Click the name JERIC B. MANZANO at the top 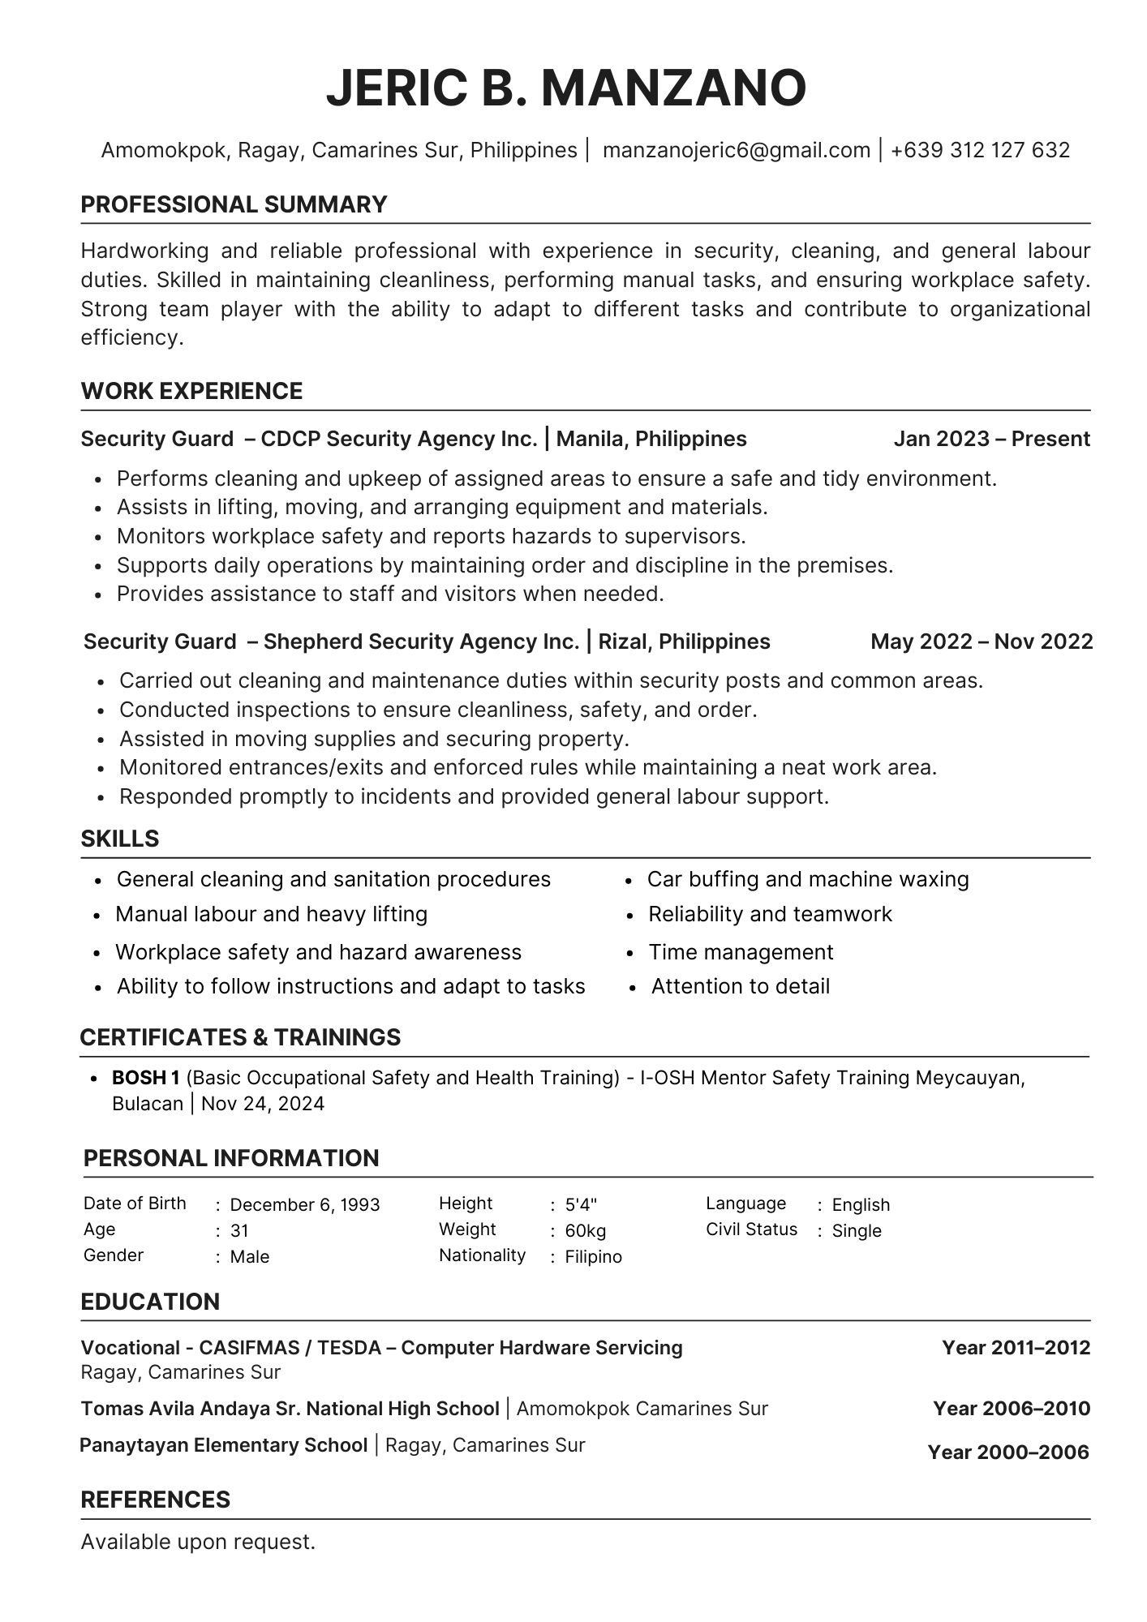(566, 88)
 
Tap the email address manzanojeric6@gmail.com (736, 150)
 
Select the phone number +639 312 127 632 (980, 150)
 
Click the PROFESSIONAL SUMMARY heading (234, 204)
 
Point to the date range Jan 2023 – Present (991, 439)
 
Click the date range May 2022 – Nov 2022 (982, 642)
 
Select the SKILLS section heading (120, 839)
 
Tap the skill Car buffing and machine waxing (808, 879)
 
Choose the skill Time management (741, 952)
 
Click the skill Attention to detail (740, 986)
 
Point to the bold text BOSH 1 (146, 1078)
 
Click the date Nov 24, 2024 (263, 1104)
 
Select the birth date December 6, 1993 (305, 1204)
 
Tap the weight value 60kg (586, 1230)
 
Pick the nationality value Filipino (594, 1256)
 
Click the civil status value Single (857, 1230)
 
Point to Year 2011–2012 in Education (1016, 1348)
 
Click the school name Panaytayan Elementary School (224, 1444)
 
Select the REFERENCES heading (156, 1499)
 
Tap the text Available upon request (198, 1542)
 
